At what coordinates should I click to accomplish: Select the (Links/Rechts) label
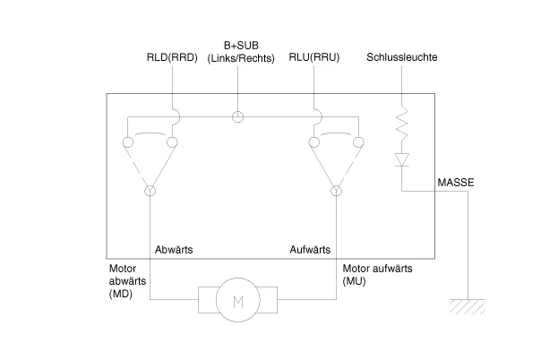pyautogui.click(x=238, y=59)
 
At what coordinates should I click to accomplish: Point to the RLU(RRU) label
pyautogui.click(x=313, y=58)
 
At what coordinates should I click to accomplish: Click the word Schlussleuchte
pyautogui.click(x=402, y=58)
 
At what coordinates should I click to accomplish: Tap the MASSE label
pyautogui.click(x=456, y=183)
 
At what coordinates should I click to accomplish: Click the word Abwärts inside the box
pyautogui.click(x=174, y=250)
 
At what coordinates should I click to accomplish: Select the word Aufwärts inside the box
pyautogui.click(x=311, y=250)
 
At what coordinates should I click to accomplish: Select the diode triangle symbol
pyautogui.click(x=402, y=159)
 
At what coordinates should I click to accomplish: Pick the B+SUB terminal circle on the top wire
pyautogui.click(x=238, y=116)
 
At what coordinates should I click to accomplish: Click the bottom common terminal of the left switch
pyautogui.click(x=150, y=191)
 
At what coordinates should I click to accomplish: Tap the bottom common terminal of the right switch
pyautogui.click(x=337, y=191)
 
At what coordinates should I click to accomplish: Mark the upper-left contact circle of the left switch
pyautogui.click(x=128, y=141)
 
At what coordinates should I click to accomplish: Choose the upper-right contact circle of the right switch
pyautogui.click(x=358, y=141)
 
